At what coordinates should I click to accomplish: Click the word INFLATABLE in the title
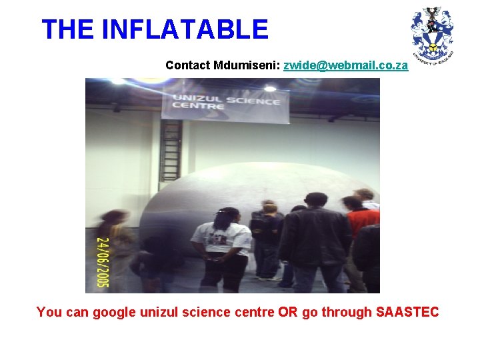tap(185, 30)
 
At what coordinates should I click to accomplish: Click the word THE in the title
tap(68, 30)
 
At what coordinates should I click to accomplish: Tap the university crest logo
tap(432, 33)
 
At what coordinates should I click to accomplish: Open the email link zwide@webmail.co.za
tap(345, 65)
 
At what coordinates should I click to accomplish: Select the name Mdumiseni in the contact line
tap(247, 65)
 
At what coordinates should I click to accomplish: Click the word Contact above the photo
tap(189, 65)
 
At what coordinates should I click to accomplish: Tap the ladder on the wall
tap(171, 151)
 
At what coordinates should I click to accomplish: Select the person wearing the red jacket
tap(361, 227)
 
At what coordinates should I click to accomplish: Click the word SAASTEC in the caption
tap(407, 312)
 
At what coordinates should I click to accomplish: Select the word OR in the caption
tap(288, 312)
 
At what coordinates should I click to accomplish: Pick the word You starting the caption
tap(49, 312)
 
